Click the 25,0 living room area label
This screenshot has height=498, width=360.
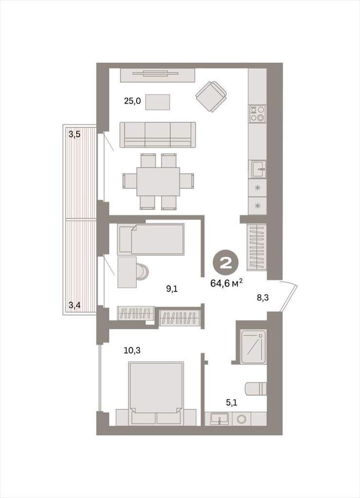pos(132,101)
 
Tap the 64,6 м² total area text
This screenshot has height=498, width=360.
pos(227,283)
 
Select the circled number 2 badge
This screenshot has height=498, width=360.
pos(227,263)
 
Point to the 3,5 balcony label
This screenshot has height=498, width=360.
pos(74,134)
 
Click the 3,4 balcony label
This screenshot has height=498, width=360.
pos(74,305)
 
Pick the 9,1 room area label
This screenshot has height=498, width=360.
pos(172,289)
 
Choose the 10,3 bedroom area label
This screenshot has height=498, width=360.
pos(132,351)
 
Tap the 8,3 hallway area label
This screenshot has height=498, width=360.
pos(263,298)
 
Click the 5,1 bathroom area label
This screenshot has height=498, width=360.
pos(232,403)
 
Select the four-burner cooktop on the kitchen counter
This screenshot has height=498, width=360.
pos(257,114)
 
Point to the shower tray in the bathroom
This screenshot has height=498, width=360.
pos(253,347)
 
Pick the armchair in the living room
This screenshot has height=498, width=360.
pos(211,97)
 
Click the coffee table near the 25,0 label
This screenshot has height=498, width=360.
pos(158,102)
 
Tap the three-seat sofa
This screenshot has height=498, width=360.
pos(158,135)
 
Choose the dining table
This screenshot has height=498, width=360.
pos(158,182)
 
